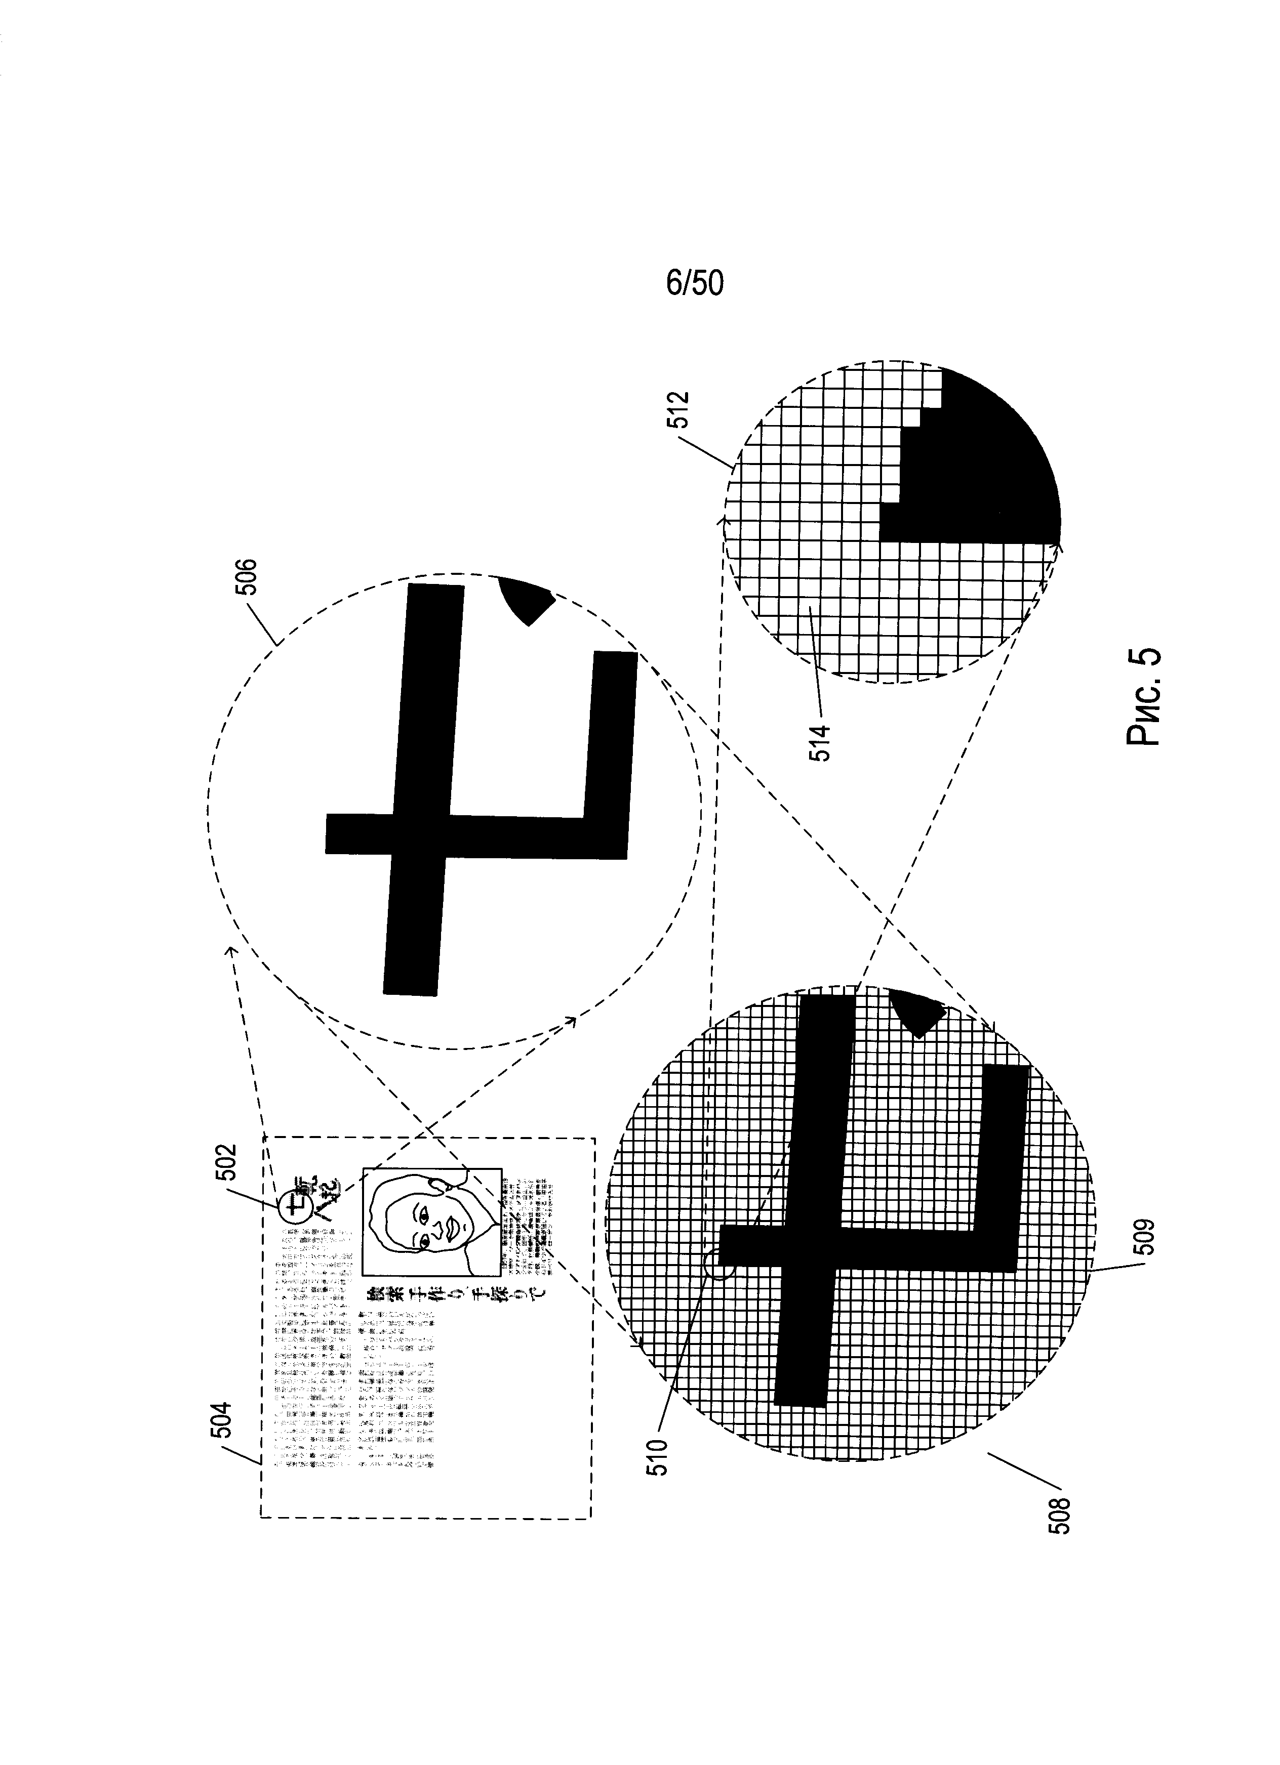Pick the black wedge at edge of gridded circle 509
[x=919, y=1012]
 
